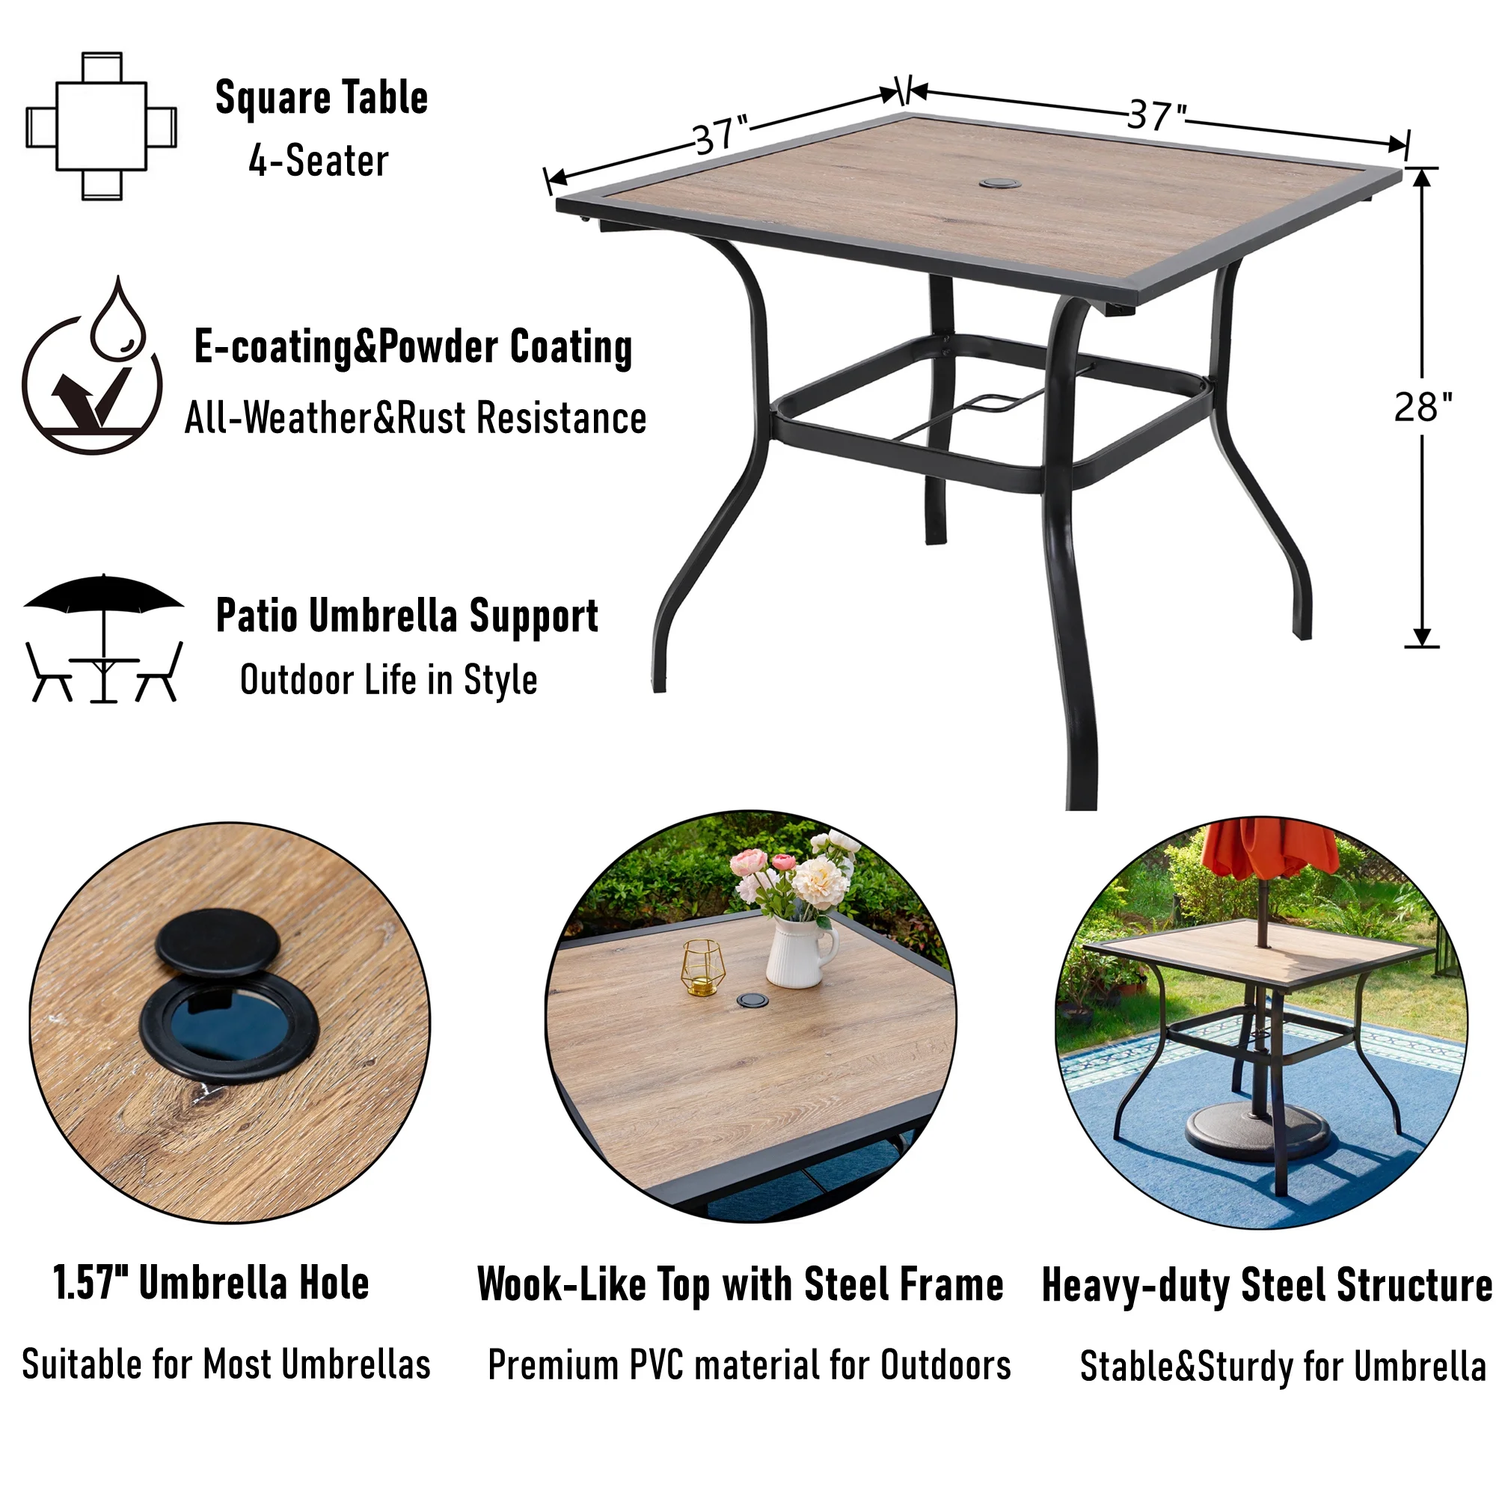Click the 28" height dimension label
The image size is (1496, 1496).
[1423, 408]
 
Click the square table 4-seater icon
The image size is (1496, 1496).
[102, 126]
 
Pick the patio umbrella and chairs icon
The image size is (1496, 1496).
[104, 638]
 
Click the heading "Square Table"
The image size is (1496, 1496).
[322, 98]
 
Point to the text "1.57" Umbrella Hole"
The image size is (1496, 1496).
[211, 1283]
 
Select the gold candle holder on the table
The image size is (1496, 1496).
[702, 967]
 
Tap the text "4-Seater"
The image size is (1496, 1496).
[318, 161]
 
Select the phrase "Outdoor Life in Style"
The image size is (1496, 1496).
[389, 680]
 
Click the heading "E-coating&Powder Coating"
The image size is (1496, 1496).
[414, 347]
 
